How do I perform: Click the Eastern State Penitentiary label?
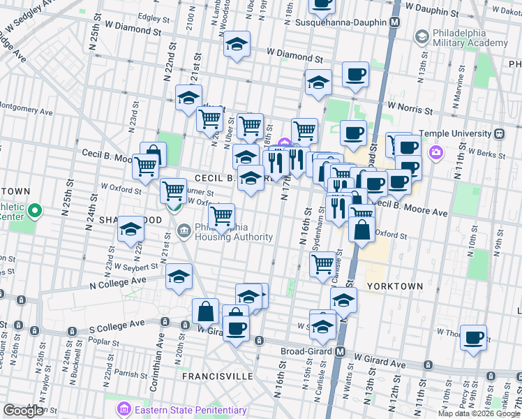click(191, 410)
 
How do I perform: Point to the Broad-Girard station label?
click(307, 351)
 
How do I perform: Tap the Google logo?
click(23, 411)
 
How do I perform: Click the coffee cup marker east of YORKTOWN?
click(474, 338)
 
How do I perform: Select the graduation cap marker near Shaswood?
click(130, 228)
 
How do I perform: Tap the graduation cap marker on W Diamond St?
click(237, 44)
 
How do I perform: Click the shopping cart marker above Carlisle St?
click(322, 264)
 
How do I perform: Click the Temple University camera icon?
click(436, 152)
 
